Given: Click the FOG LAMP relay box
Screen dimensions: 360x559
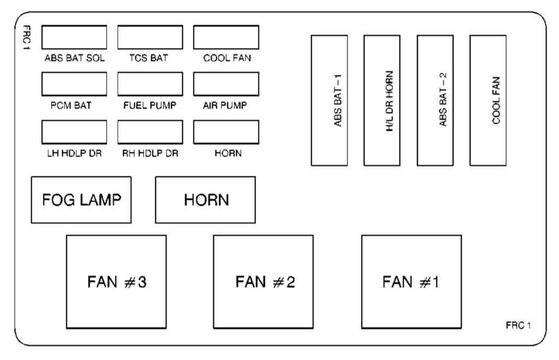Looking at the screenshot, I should pyautogui.click(x=81, y=199).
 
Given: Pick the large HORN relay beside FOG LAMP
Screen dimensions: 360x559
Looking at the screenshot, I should pyautogui.click(x=205, y=199).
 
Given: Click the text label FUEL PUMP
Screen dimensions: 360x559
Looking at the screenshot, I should pyautogui.click(x=149, y=106).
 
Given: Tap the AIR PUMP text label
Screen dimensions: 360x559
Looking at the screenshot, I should pyautogui.click(x=225, y=106).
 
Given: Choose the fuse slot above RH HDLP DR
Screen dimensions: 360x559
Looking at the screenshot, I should pyautogui.click(x=150, y=131).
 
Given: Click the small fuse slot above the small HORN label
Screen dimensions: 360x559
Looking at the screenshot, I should pyautogui.click(x=226, y=131).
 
